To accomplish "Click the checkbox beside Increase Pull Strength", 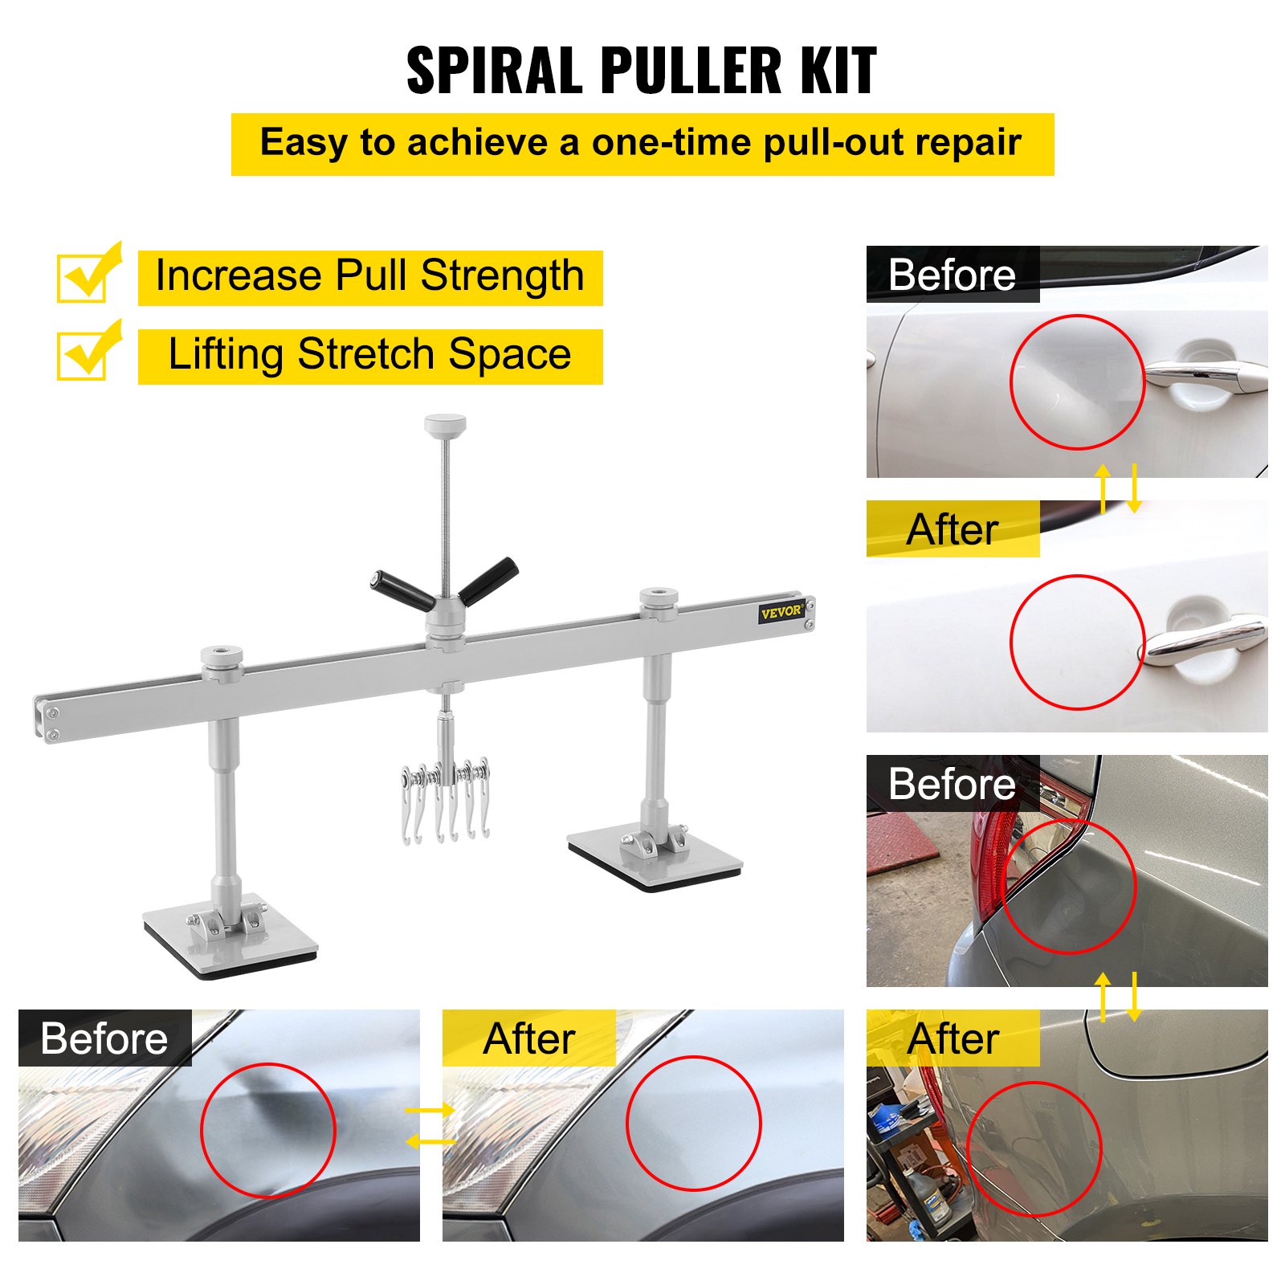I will pyautogui.click(x=84, y=277).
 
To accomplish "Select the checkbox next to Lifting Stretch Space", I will pyautogui.click(x=84, y=355).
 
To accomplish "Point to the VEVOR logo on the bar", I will pyautogui.click(x=781, y=612).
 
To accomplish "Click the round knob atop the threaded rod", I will pyautogui.click(x=445, y=423).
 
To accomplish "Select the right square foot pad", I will pyautogui.click(x=655, y=860).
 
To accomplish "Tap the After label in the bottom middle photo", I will pyautogui.click(x=529, y=1038).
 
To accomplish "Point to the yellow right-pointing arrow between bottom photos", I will pyautogui.click(x=430, y=1111).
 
